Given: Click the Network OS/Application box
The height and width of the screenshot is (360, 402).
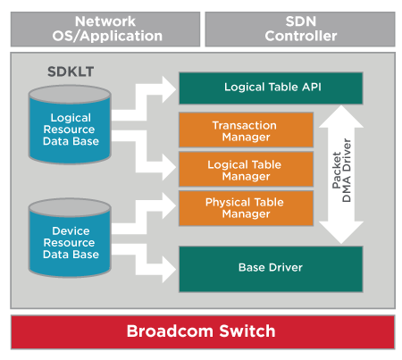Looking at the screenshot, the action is (105, 29).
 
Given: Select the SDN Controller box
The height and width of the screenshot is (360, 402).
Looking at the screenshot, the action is (300, 29).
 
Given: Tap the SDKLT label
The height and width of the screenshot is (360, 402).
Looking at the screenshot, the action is (71, 71).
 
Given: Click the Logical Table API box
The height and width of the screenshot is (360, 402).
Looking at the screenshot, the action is (271, 88).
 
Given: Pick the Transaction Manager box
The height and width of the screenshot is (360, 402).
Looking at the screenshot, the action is (246, 130).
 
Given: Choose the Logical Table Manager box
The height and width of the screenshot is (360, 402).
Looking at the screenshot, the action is (246, 169).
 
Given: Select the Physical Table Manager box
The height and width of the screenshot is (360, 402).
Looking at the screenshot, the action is (246, 208).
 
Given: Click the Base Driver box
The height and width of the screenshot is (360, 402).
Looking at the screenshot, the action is (271, 269).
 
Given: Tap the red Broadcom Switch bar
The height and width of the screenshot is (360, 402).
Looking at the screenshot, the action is (203, 332).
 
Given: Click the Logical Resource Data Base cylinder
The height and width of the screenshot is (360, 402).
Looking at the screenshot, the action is (70, 124).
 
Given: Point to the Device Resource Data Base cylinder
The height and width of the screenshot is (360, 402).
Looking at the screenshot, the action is (70, 238).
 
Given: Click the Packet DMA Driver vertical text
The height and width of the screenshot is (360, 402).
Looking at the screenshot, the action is (342, 171).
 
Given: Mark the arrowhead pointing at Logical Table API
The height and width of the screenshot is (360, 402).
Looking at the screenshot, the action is (169, 89).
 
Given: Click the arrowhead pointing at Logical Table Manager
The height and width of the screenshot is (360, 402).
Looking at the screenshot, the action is (169, 167).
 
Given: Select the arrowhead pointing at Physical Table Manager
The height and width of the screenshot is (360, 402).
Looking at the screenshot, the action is (169, 205).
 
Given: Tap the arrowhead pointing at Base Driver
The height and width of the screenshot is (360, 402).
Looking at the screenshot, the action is (169, 270).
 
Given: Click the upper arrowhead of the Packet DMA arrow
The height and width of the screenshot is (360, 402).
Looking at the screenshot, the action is (341, 118).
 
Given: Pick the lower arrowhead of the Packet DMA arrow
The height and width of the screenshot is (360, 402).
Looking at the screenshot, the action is (341, 232).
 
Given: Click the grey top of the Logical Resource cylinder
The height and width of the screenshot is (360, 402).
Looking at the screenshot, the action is (70, 94).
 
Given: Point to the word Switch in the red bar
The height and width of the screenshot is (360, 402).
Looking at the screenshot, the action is (247, 331).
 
